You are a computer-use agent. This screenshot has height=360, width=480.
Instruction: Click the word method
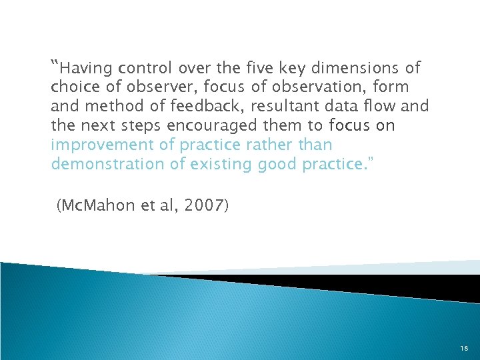[x=107, y=107]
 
